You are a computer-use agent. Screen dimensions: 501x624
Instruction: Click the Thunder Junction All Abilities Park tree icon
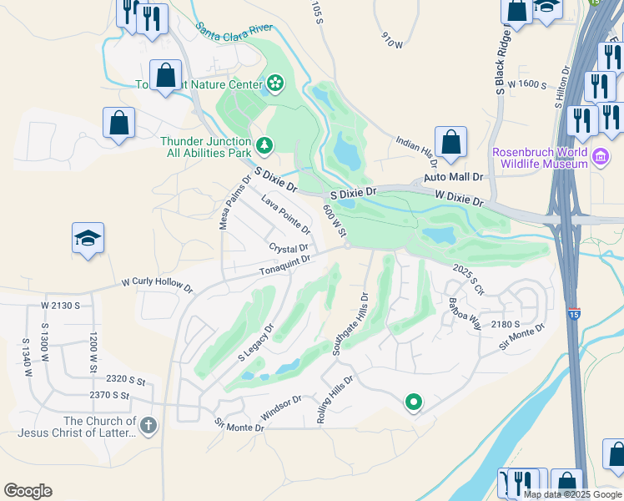coord(264,146)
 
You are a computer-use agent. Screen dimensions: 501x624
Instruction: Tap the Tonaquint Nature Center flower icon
coord(274,83)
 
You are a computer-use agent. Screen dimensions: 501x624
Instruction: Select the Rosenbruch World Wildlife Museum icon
coord(600,157)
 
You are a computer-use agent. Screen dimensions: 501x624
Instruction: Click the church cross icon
coord(148,427)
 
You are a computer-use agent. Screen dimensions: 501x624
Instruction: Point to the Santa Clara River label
coord(234,32)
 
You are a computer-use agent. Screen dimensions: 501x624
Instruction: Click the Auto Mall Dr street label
coord(454,178)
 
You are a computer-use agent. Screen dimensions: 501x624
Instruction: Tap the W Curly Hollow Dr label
coord(157,285)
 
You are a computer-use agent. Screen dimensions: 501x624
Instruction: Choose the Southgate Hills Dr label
coord(350,324)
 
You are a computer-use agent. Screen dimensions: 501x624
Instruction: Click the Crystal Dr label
coord(289,248)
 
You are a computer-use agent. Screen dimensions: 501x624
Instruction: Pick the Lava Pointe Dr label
coord(285,214)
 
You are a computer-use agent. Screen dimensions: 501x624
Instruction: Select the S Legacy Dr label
coord(255,343)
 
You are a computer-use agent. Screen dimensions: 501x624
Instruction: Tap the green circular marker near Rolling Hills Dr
coord(413,403)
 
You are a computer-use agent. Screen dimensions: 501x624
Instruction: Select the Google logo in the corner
coord(28,491)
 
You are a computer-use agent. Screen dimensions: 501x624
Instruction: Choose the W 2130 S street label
coord(60,306)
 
